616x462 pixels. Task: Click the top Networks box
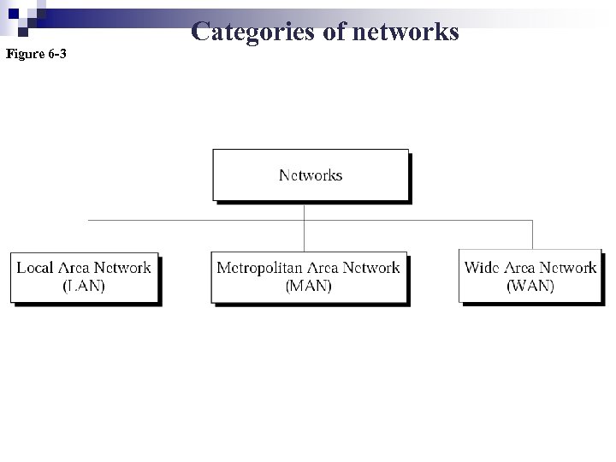[x=311, y=175]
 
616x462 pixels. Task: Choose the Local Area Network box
[x=84, y=276]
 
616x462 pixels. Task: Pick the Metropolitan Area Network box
[x=308, y=276]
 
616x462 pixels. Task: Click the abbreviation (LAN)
[x=84, y=287]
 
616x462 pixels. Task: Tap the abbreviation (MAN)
[x=308, y=287]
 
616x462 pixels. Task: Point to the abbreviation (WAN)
[x=530, y=287]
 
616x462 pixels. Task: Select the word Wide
[x=482, y=268]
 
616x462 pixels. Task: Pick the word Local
[x=35, y=268]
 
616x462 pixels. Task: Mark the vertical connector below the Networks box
[x=305, y=210]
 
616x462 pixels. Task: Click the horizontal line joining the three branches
[x=197, y=220]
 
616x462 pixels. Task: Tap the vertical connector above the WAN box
[x=532, y=234]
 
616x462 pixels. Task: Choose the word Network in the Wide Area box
[x=568, y=268]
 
